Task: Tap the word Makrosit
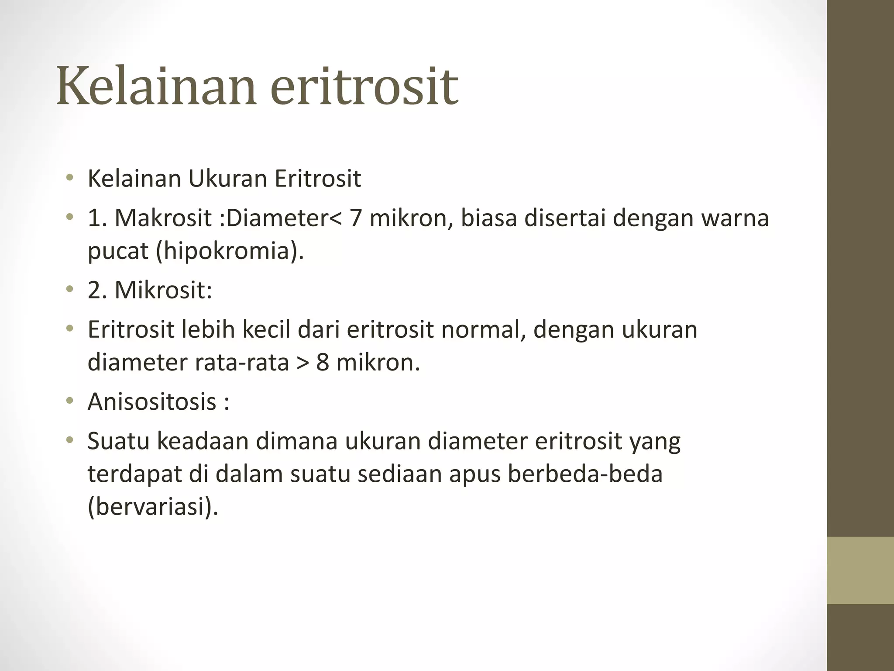(163, 218)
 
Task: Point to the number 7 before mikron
(355, 218)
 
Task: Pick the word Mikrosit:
(163, 290)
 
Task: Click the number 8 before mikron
(323, 362)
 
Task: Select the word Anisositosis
(152, 401)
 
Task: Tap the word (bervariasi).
(153, 507)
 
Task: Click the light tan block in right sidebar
(860, 570)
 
